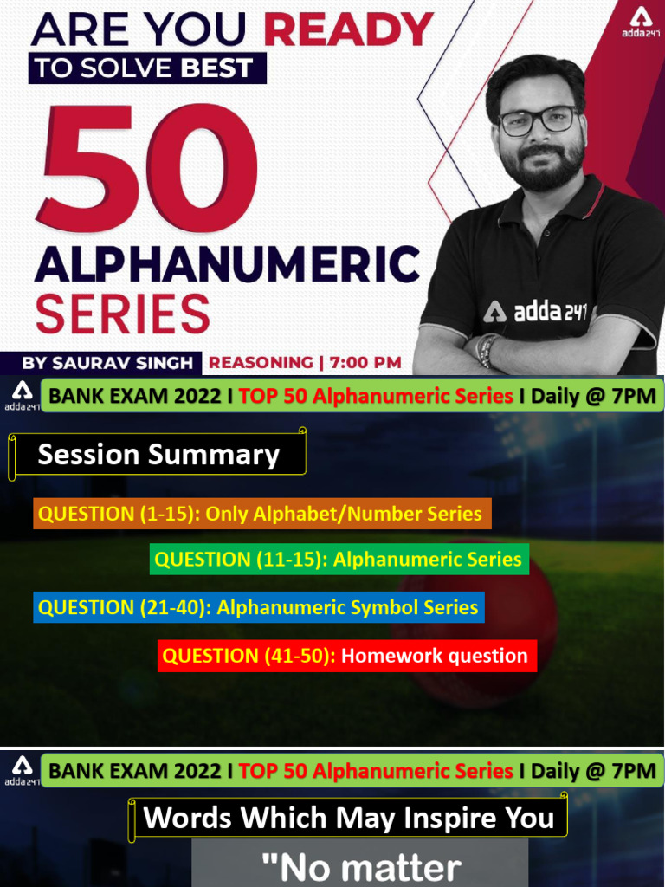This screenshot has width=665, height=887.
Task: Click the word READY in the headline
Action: coord(348,30)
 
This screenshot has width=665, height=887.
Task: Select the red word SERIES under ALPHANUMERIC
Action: coord(122,313)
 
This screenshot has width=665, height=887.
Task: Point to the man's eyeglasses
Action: coord(538,120)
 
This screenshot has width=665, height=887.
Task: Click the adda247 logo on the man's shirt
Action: coord(536,312)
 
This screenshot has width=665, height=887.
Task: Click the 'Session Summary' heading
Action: coord(158,455)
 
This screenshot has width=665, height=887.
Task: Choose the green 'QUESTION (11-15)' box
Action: coord(339,560)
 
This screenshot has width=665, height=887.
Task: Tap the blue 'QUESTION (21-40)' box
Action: coord(258,607)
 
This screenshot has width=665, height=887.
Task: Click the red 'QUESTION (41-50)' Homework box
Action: coord(345,656)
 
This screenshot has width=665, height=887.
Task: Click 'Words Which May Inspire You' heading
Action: coord(348,818)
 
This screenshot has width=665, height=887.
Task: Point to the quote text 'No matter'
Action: coord(360,867)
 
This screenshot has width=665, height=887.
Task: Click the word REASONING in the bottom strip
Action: coord(261,362)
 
